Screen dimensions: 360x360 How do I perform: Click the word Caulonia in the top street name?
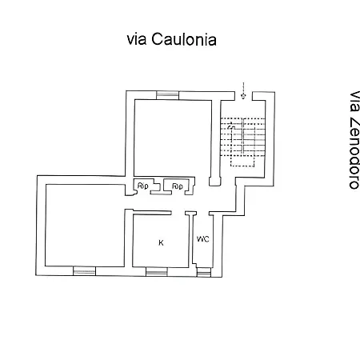coord(184,39)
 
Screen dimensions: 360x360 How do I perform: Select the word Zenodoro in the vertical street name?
coord(354,154)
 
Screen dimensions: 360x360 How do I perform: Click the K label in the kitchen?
coord(161,242)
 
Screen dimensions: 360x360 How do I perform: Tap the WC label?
coord(202,239)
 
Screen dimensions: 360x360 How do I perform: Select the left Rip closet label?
coord(143,186)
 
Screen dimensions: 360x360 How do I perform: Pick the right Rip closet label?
coord(178,186)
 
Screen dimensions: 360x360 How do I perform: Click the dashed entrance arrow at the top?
coord(243,90)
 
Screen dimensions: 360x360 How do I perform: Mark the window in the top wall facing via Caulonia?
coord(167,95)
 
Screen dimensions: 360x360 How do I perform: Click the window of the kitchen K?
coord(157,272)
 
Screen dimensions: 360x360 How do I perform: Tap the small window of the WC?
coord(204,272)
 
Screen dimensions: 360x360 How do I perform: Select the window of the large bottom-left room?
coord(84,270)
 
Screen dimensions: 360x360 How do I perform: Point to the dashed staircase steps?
coord(242,137)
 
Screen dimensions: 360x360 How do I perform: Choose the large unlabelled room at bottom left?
coord(85,225)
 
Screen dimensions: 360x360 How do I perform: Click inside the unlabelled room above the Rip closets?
coord(173,138)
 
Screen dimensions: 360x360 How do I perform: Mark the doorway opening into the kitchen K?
coord(178,213)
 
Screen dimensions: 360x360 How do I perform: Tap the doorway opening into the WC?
coord(202,214)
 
